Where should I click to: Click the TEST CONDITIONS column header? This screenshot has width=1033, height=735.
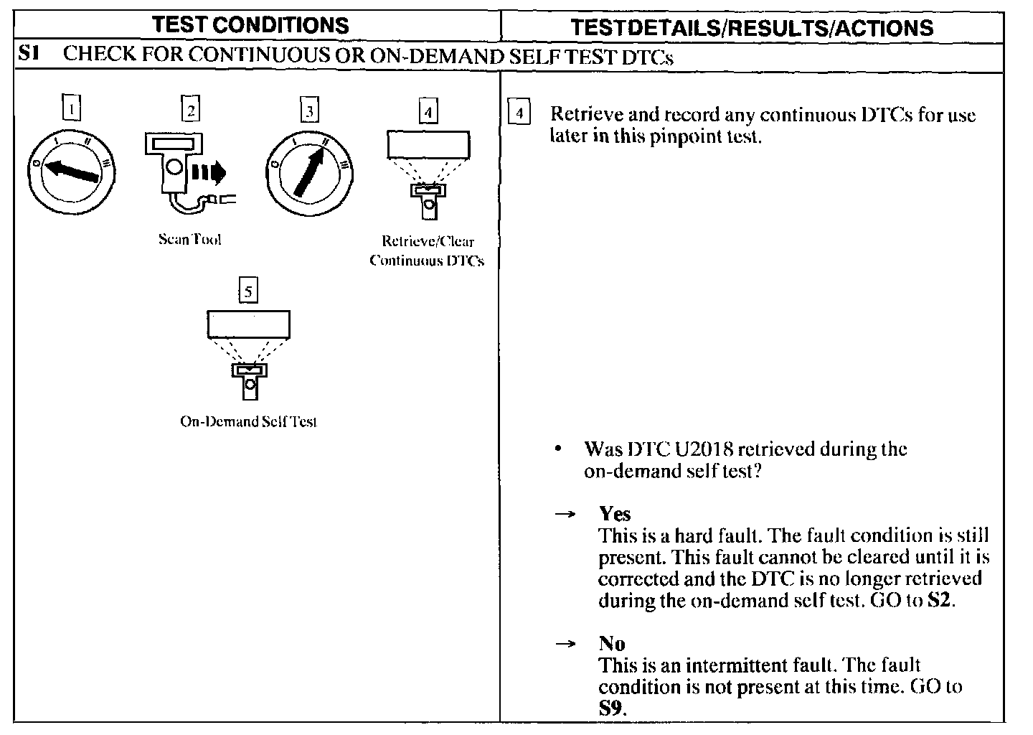pyautogui.click(x=250, y=26)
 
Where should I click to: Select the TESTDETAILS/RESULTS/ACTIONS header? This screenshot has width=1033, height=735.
pyautogui.click(x=752, y=27)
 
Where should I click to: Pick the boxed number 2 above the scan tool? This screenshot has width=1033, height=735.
pyautogui.click(x=190, y=109)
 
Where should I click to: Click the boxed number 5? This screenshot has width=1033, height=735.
pyautogui.click(x=248, y=291)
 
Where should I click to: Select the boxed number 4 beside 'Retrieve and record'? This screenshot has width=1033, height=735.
pyautogui.click(x=519, y=115)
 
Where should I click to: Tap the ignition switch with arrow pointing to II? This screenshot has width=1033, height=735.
pyautogui.click(x=309, y=172)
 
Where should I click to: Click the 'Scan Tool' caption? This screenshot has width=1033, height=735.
pyautogui.click(x=189, y=240)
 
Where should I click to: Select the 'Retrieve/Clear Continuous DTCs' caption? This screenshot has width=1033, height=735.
pyautogui.click(x=427, y=251)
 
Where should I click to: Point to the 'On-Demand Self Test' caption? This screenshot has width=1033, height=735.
pyautogui.click(x=248, y=421)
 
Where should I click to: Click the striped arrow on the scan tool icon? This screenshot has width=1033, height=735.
pyautogui.click(x=208, y=172)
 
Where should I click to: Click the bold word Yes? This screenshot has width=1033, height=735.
pyautogui.click(x=615, y=514)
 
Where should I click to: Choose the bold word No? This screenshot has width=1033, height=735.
pyautogui.click(x=612, y=643)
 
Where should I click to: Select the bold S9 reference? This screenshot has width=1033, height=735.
pyautogui.click(x=612, y=708)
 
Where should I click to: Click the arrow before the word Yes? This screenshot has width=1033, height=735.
pyautogui.click(x=566, y=515)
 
